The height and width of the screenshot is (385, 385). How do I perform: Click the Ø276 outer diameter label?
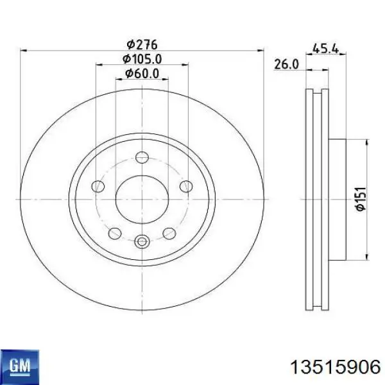click(x=142, y=44)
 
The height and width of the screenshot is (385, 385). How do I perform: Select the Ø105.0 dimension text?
click(x=142, y=59)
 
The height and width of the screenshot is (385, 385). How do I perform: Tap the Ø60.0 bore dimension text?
click(x=142, y=73)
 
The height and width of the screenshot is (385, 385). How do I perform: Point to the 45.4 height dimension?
click(x=325, y=49)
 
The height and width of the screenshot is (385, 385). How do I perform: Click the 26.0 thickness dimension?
click(x=286, y=64)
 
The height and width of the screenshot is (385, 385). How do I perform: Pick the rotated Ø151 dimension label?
click(x=361, y=199)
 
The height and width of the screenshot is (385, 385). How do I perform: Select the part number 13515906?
click(x=336, y=368)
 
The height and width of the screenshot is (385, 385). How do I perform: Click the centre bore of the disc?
click(x=142, y=200)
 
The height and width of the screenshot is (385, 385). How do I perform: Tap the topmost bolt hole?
click(x=142, y=157)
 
